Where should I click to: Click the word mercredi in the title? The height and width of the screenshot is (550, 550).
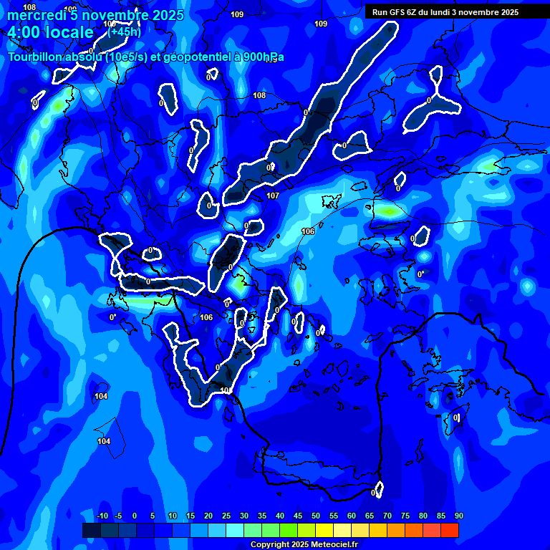pos(37,15)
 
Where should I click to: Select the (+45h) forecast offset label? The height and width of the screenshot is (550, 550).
pos(124,32)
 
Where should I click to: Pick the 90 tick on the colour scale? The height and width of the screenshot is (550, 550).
pos(458,516)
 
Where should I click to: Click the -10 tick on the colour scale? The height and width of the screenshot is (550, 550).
pos(102,516)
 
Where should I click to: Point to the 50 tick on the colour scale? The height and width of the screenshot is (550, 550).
pos(316,516)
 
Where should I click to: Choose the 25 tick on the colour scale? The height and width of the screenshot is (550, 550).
pos(226,516)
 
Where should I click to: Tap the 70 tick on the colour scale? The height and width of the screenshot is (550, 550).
pos(387,516)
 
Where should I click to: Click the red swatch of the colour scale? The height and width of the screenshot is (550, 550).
pos(449,530)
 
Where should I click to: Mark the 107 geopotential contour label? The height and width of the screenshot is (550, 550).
pos(272,196)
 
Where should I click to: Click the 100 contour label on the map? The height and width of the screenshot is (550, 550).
pos(226,390)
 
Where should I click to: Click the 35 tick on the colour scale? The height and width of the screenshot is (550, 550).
pos(262,516)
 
